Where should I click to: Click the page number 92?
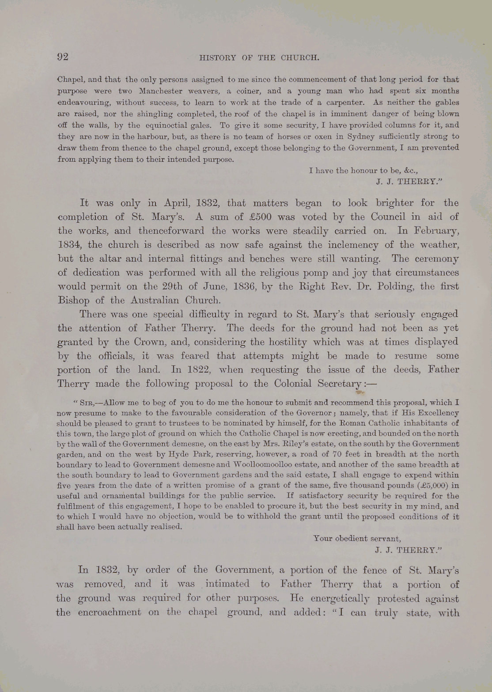(x=62, y=57)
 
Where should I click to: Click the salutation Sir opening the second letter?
(x=79, y=403)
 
